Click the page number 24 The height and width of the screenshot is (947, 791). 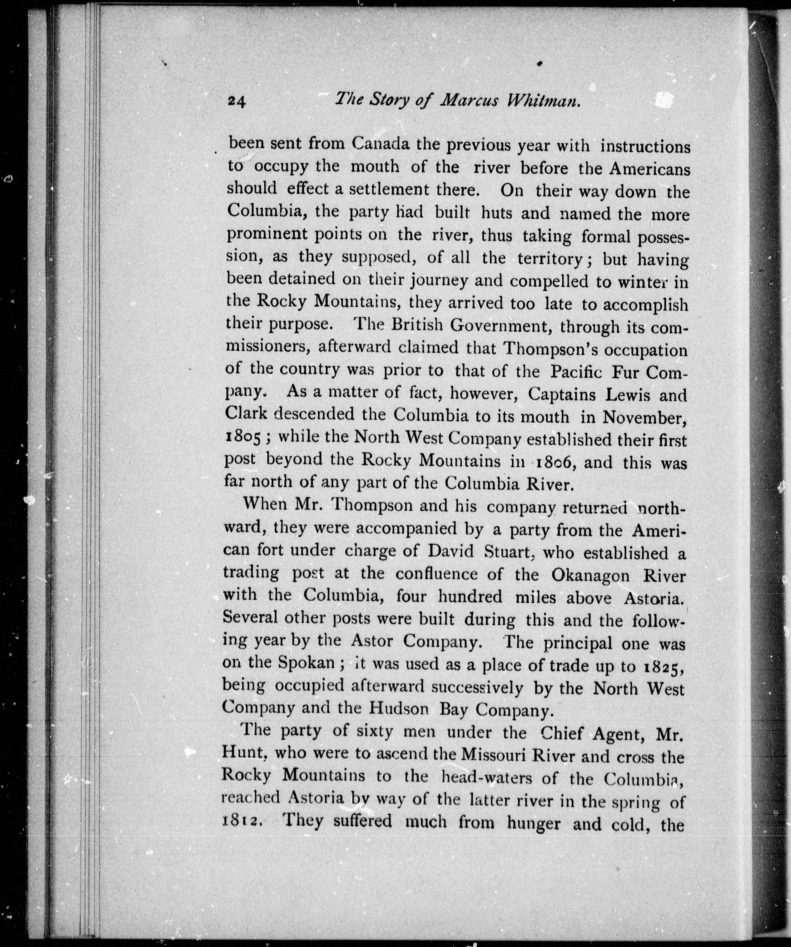236,102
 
